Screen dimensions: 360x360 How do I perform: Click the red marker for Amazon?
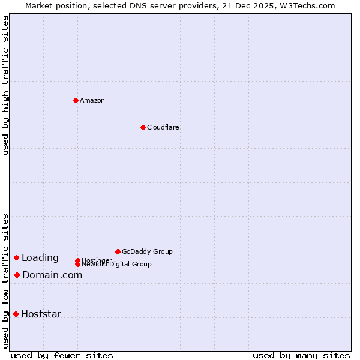[x=76, y=100]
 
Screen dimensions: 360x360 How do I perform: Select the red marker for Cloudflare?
[x=143, y=127]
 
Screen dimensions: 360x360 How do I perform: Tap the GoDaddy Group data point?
[x=118, y=251]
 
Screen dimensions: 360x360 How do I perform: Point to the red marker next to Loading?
[x=16, y=257]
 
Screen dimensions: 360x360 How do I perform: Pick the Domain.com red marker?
[x=17, y=275]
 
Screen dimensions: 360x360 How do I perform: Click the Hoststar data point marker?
[x=16, y=314]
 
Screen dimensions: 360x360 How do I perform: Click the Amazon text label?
[x=92, y=100]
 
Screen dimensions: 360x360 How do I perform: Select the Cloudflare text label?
[x=163, y=127]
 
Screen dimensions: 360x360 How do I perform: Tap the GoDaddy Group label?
[x=147, y=251]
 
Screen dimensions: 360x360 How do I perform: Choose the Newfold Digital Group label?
[x=116, y=264]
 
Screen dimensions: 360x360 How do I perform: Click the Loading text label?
[x=40, y=258]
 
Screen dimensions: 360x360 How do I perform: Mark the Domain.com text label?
[x=52, y=275]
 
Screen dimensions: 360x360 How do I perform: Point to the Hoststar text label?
[x=41, y=314]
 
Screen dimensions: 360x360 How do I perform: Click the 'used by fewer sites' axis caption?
[x=61, y=355]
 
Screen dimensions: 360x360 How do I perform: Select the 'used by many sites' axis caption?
[x=301, y=355]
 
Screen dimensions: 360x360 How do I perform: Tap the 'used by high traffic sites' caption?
[x=6, y=85]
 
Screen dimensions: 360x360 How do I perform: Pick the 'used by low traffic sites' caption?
[x=6, y=280]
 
